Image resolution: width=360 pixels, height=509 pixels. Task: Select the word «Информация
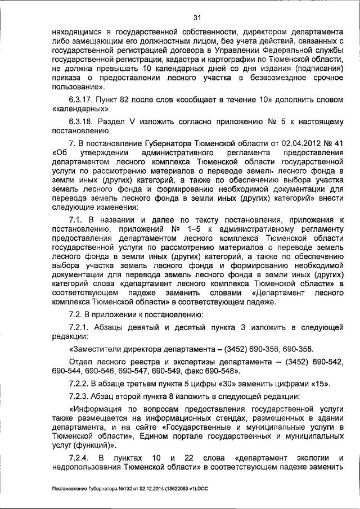point(93,411)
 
